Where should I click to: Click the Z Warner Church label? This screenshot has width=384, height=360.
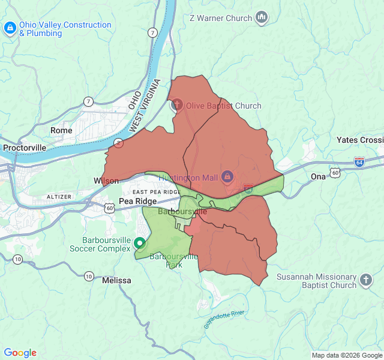click(x=220, y=18)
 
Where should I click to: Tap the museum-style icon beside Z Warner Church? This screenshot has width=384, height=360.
click(x=262, y=18)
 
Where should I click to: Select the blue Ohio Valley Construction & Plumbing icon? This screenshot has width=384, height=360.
click(x=10, y=28)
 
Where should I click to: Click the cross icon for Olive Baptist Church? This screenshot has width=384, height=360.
click(x=177, y=106)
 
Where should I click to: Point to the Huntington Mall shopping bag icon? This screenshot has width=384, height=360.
click(x=227, y=176)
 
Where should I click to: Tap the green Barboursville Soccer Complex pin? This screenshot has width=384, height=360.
click(x=140, y=243)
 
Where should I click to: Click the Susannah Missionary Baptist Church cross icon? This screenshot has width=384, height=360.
click(x=366, y=280)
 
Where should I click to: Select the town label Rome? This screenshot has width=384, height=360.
click(x=61, y=130)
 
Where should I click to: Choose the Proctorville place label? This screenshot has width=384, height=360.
click(x=25, y=147)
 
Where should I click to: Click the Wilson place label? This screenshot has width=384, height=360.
click(x=106, y=181)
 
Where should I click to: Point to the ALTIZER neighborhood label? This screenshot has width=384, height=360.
click(x=59, y=197)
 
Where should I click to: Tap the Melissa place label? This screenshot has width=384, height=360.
click(x=116, y=280)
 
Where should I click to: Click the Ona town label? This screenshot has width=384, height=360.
click(x=318, y=176)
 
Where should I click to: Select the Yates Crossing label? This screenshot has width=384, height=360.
click(x=359, y=140)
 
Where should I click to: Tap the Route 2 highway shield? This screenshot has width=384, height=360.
click(x=119, y=143)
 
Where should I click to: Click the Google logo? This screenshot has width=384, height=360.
click(x=20, y=353)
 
